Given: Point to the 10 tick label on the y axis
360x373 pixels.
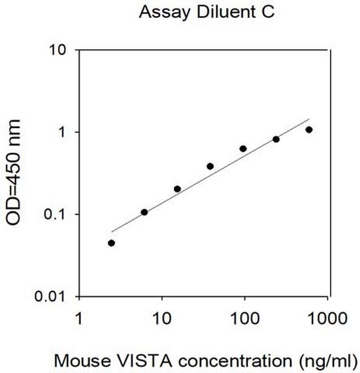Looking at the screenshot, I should click(59, 50).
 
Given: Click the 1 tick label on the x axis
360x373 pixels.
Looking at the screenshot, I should click(79, 319).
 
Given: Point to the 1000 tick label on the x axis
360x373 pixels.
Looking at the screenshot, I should click(328, 319).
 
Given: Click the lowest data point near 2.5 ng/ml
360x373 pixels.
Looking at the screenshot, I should click(111, 243).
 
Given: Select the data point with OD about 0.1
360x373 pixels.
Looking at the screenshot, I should click(145, 212).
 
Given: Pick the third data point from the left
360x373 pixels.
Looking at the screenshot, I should click(177, 189).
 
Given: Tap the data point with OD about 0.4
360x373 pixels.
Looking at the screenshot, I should click(210, 166).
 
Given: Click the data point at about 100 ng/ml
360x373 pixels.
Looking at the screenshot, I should click(243, 148).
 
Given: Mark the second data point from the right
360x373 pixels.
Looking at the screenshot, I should click(276, 139).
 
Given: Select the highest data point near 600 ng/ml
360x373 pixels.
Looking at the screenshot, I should click(309, 129).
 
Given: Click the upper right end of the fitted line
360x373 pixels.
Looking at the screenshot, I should click(308, 119).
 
